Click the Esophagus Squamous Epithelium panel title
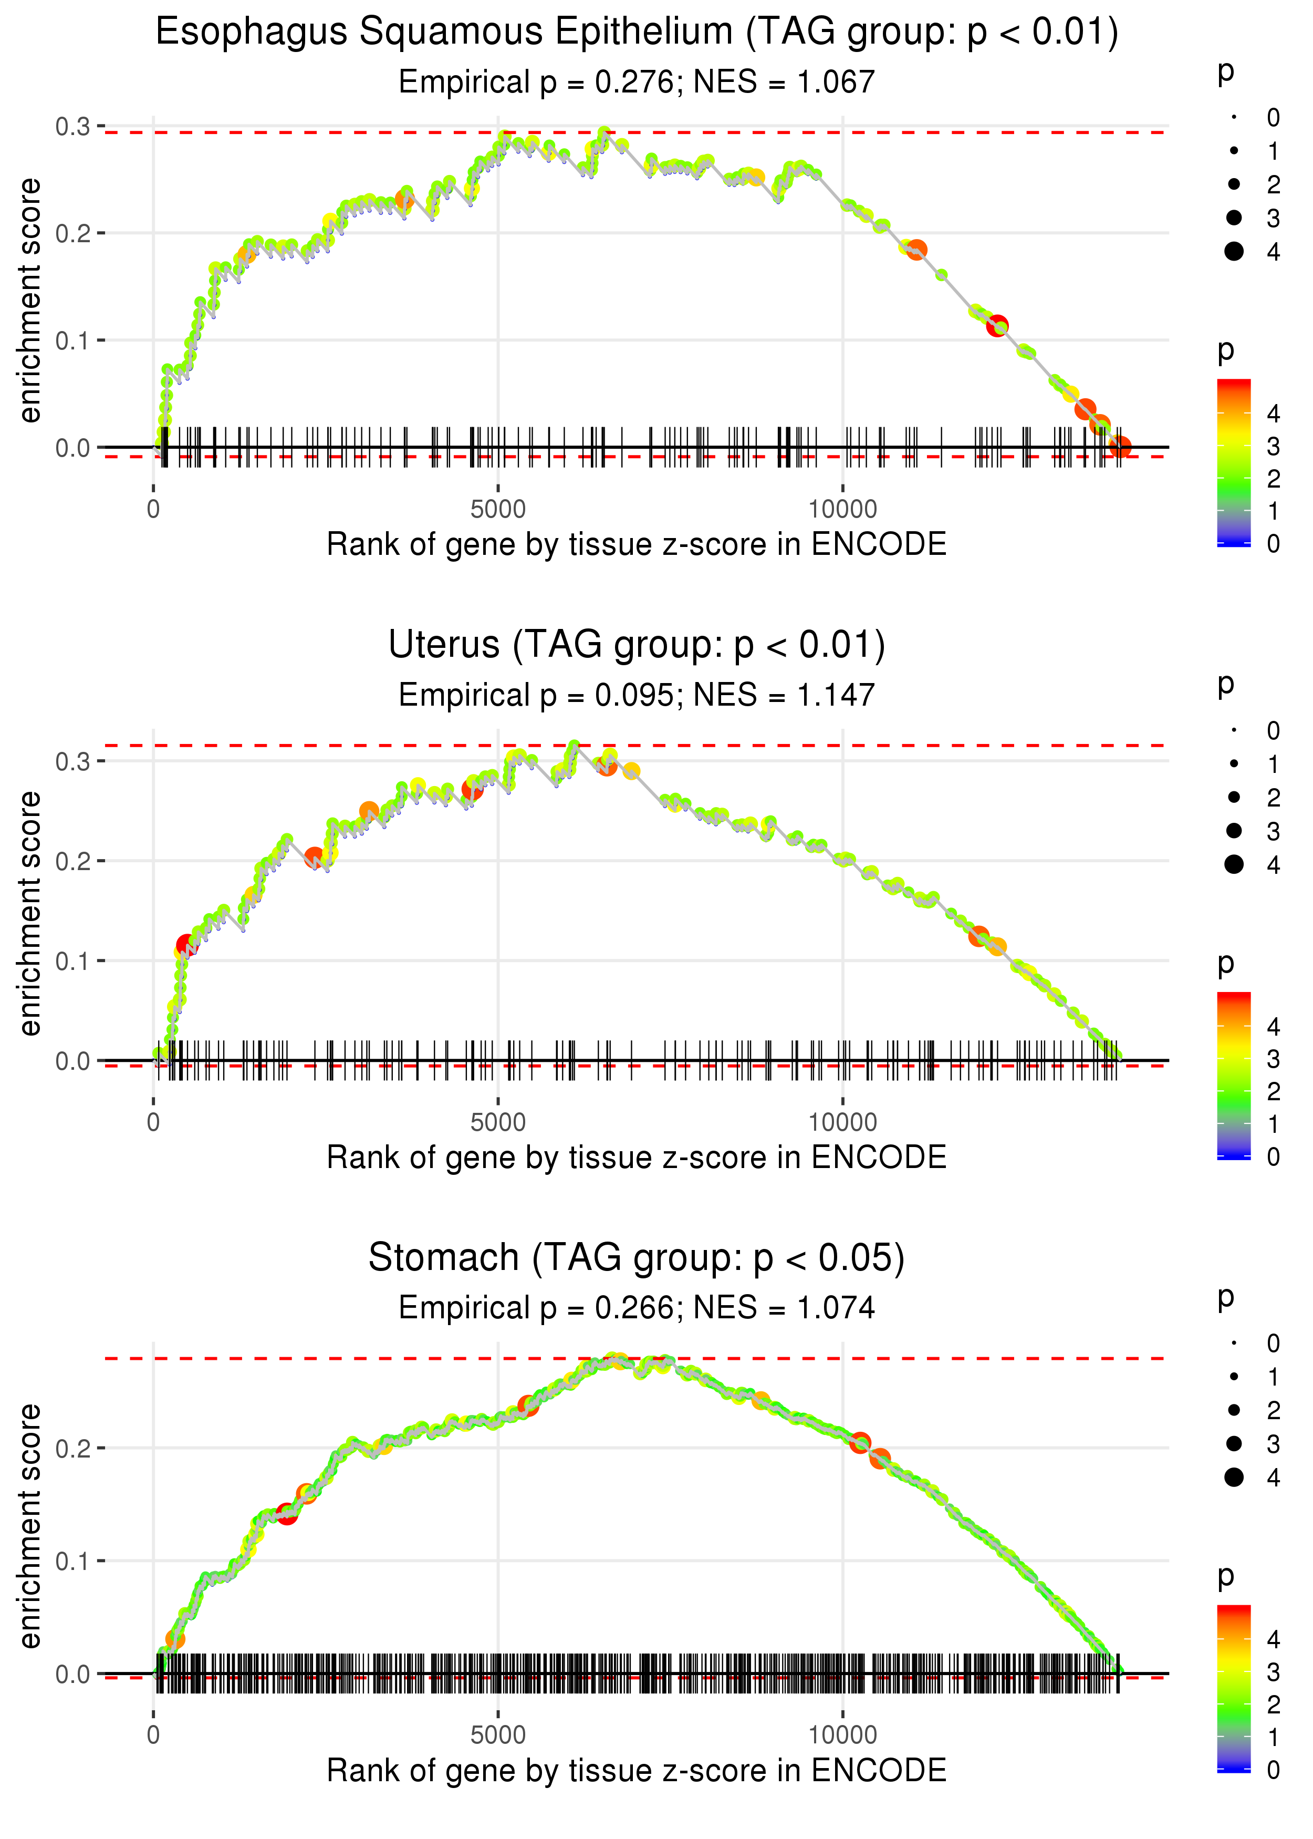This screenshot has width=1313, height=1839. coord(637,33)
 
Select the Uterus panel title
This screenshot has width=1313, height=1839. coord(637,645)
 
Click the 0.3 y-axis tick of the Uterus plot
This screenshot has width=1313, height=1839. coord(73,761)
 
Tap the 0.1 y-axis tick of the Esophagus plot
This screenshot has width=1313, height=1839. coord(73,340)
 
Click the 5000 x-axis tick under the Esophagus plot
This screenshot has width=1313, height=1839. coord(498,510)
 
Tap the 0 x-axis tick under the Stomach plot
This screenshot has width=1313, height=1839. coord(153,1735)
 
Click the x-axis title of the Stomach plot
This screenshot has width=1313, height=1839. coord(637,1771)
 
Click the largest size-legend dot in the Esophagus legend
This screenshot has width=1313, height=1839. coord(1234,252)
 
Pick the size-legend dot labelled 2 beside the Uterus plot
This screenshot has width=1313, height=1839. coord(1234,798)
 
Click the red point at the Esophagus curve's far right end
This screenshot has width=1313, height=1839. coord(1120,447)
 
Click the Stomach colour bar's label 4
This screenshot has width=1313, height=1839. coord(1274,1639)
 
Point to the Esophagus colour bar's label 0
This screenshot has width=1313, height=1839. coord(1274,544)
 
